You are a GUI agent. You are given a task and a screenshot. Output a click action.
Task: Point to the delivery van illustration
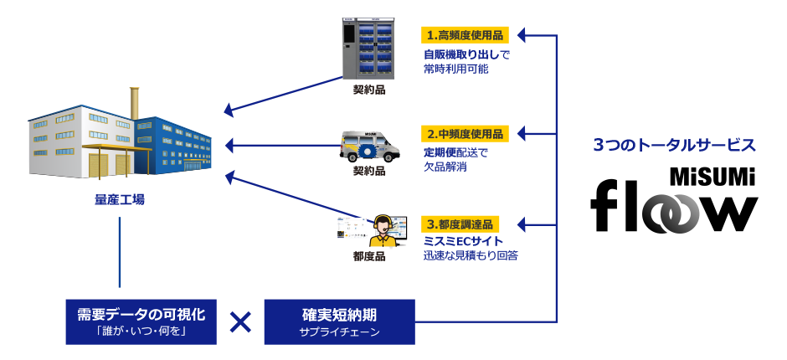(x=369, y=146)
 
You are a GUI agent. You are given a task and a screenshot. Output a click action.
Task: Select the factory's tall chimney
(x=132, y=102)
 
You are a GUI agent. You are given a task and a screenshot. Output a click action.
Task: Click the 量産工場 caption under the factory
(x=120, y=200)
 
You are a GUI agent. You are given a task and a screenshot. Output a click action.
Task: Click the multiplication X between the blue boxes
(x=240, y=322)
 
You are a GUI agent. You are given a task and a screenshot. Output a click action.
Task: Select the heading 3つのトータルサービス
(x=674, y=145)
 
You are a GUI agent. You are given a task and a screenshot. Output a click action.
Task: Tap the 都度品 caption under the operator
(x=369, y=257)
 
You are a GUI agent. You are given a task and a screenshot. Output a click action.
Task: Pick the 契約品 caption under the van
(x=369, y=171)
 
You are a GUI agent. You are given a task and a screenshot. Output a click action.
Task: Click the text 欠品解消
(x=445, y=167)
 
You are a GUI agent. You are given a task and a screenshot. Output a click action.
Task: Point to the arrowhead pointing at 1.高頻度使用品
(x=521, y=35)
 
